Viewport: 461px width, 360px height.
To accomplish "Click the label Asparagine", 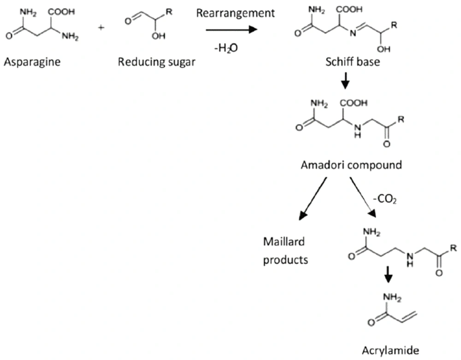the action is [32, 62].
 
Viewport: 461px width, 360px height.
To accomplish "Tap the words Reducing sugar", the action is [156, 62].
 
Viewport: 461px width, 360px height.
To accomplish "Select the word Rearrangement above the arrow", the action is [236, 13].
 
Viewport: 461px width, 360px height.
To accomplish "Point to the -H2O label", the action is [226, 47].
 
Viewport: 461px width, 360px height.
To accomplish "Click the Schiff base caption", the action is [353, 62].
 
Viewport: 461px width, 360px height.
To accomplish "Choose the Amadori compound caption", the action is [351, 165].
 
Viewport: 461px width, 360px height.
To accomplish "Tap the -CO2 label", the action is [385, 199].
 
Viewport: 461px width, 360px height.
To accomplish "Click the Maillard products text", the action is [285, 251].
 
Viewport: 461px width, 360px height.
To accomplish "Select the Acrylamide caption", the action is [390, 350].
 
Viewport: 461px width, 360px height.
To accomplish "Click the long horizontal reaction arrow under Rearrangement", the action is [232, 30].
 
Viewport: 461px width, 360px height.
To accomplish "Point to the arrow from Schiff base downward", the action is [345, 80].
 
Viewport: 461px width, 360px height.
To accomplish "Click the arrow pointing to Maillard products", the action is [313, 199].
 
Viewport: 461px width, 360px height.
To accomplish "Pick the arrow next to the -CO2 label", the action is [363, 197].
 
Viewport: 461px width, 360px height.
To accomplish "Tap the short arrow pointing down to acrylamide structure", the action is [389, 275].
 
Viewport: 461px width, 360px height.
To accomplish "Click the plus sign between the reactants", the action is [101, 28].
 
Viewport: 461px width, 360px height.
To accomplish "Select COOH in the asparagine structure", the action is [61, 12].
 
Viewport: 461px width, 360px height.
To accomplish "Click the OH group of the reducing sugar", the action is [159, 36].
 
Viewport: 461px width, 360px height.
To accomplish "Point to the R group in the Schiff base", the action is [394, 25].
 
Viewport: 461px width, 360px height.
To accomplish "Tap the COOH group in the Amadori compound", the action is [354, 103].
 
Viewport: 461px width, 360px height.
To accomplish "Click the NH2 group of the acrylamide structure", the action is [392, 297].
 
